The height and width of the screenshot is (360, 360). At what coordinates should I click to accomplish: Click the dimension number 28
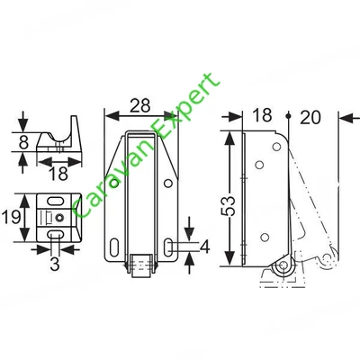pyautogui.click(x=139, y=105)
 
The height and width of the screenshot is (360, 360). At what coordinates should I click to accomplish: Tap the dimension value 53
pyautogui.click(x=228, y=206)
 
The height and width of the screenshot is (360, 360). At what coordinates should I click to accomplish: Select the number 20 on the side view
pyautogui.click(x=310, y=117)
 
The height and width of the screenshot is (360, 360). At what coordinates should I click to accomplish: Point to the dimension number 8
pyautogui.click(x=24, y=142)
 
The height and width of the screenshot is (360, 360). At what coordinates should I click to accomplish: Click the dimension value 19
pyautogui.click(x=12, y=217)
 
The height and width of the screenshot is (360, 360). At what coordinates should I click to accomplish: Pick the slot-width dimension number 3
pyautogui.click(x=55, y=264)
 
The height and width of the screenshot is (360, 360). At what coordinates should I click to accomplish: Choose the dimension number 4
pyautogui.click(x=205, y=247)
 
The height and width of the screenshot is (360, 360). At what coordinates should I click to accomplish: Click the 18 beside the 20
pyautogui.click(x=262, y=115)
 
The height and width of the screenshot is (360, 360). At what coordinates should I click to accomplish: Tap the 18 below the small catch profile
pyautogui.click(x=58, y=174)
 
